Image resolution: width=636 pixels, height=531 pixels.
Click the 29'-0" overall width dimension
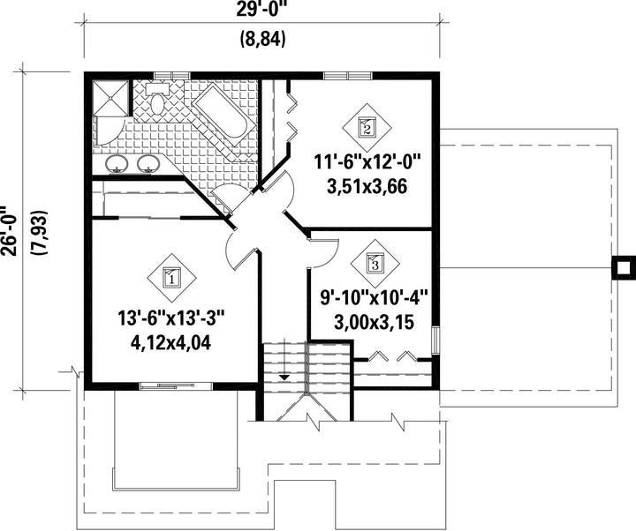tap(262, 9)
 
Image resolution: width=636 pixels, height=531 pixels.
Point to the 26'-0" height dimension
tap(9, 232)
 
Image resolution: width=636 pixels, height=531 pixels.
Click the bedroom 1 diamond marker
tap(171, 278)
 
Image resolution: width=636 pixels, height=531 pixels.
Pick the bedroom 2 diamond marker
tap(367, 128)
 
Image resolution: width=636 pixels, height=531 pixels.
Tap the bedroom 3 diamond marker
tap(375, 264)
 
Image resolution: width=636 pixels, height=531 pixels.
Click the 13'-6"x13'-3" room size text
tap(171, 318)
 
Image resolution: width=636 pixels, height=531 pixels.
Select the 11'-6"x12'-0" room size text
tap(367, 162)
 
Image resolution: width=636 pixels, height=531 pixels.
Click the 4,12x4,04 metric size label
tap(170, 343)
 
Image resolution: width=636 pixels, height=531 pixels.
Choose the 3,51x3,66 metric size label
tap(367, 187)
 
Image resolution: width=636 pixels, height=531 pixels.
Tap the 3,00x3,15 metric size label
tap(374, 323)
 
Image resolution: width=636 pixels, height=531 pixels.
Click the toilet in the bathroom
tap(157, 99)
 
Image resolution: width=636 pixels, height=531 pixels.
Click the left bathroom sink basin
tap(117, 163)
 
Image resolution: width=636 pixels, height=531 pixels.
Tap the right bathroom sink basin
tap(148, 163)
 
